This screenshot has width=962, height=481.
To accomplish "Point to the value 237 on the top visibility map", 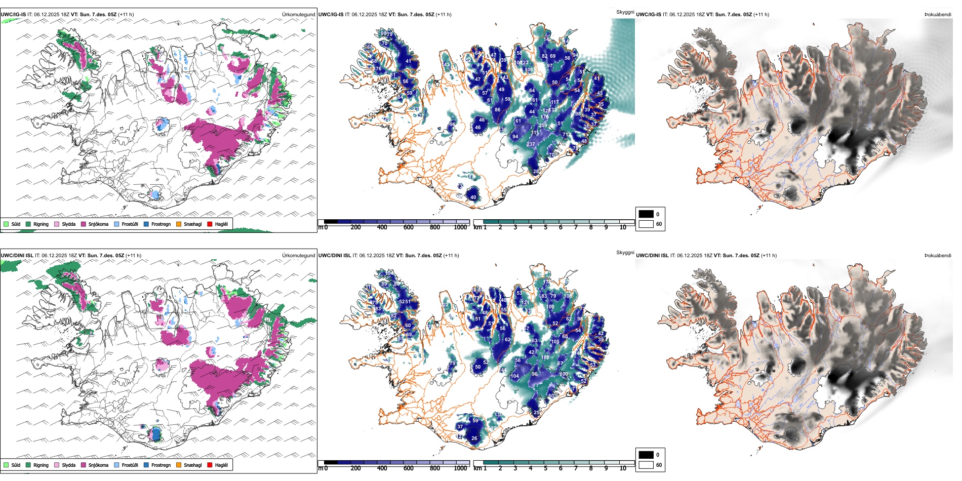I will click(531, 144).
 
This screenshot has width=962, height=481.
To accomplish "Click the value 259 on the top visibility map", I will click(543, 126).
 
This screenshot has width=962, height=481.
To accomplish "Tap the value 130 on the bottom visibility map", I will click(499, 414).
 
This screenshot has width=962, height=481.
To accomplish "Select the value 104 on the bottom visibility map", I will click(514, 376).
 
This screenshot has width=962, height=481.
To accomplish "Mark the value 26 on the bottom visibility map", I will click(474, 438).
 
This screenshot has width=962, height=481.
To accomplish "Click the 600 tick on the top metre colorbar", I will click(409, 227).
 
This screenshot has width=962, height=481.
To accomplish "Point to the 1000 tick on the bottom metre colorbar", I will click(460, 468).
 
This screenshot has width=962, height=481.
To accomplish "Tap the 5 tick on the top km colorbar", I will click(545, 227).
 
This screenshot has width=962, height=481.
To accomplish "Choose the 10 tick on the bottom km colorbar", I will click(623, 468).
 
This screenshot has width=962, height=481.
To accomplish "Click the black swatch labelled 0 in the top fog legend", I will click(646, 214).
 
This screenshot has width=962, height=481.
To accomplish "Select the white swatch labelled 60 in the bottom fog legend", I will click(646, 465).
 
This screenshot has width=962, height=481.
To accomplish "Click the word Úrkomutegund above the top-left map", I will click(298, 15).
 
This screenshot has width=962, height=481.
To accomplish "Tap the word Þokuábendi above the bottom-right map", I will click(938, 256).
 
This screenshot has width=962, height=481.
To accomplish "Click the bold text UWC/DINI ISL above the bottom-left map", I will click(17, 256).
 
